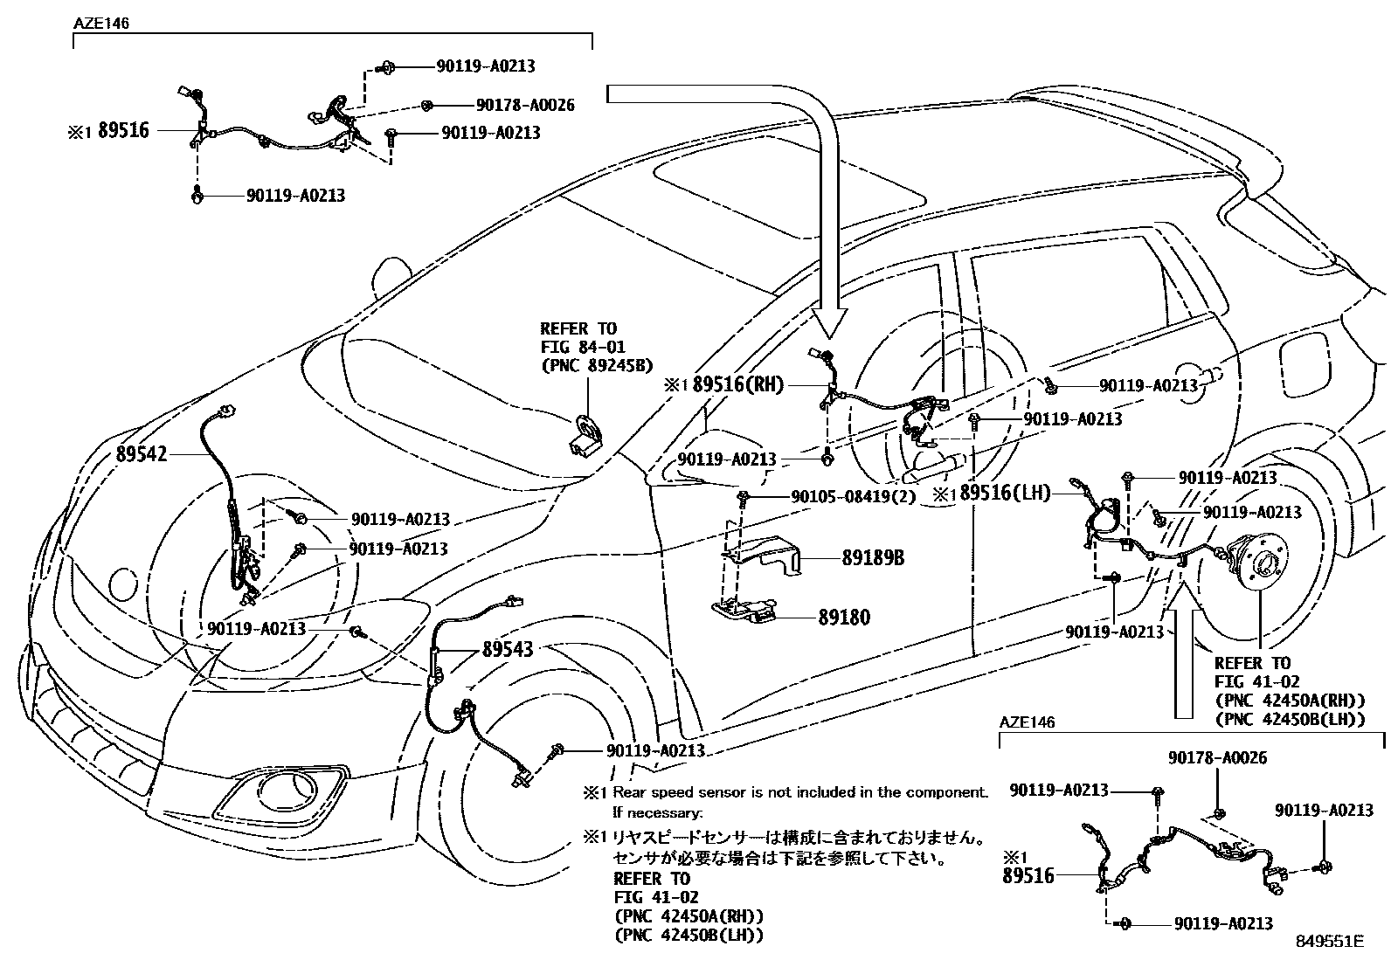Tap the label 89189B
(873, 557)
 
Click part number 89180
(844, 618)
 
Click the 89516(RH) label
(738, 385)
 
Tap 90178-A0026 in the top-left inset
(525, 105)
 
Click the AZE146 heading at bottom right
(1027, 722)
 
